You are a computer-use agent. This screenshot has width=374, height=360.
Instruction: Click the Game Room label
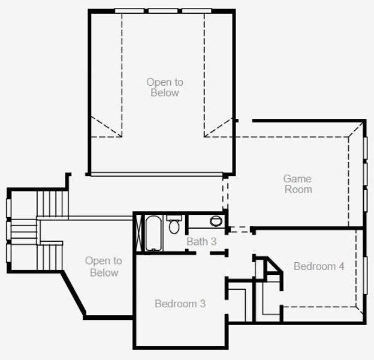[298, 184]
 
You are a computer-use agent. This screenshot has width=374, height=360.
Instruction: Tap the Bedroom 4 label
[319, 266]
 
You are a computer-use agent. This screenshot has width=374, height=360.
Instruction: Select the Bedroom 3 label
[180, 304]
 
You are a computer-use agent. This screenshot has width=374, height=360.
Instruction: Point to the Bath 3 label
[201, 242]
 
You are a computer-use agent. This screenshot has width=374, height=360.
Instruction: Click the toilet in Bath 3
[174, 226]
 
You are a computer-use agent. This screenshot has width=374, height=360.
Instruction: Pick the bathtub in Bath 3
[153, 233]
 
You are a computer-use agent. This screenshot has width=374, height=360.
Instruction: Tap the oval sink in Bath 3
[216, 221]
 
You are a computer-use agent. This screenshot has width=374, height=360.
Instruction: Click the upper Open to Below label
[165, 87]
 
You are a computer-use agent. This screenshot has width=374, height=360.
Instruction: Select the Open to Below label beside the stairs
[103, 266]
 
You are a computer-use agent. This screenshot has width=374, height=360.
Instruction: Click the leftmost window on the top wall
[129, 10]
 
